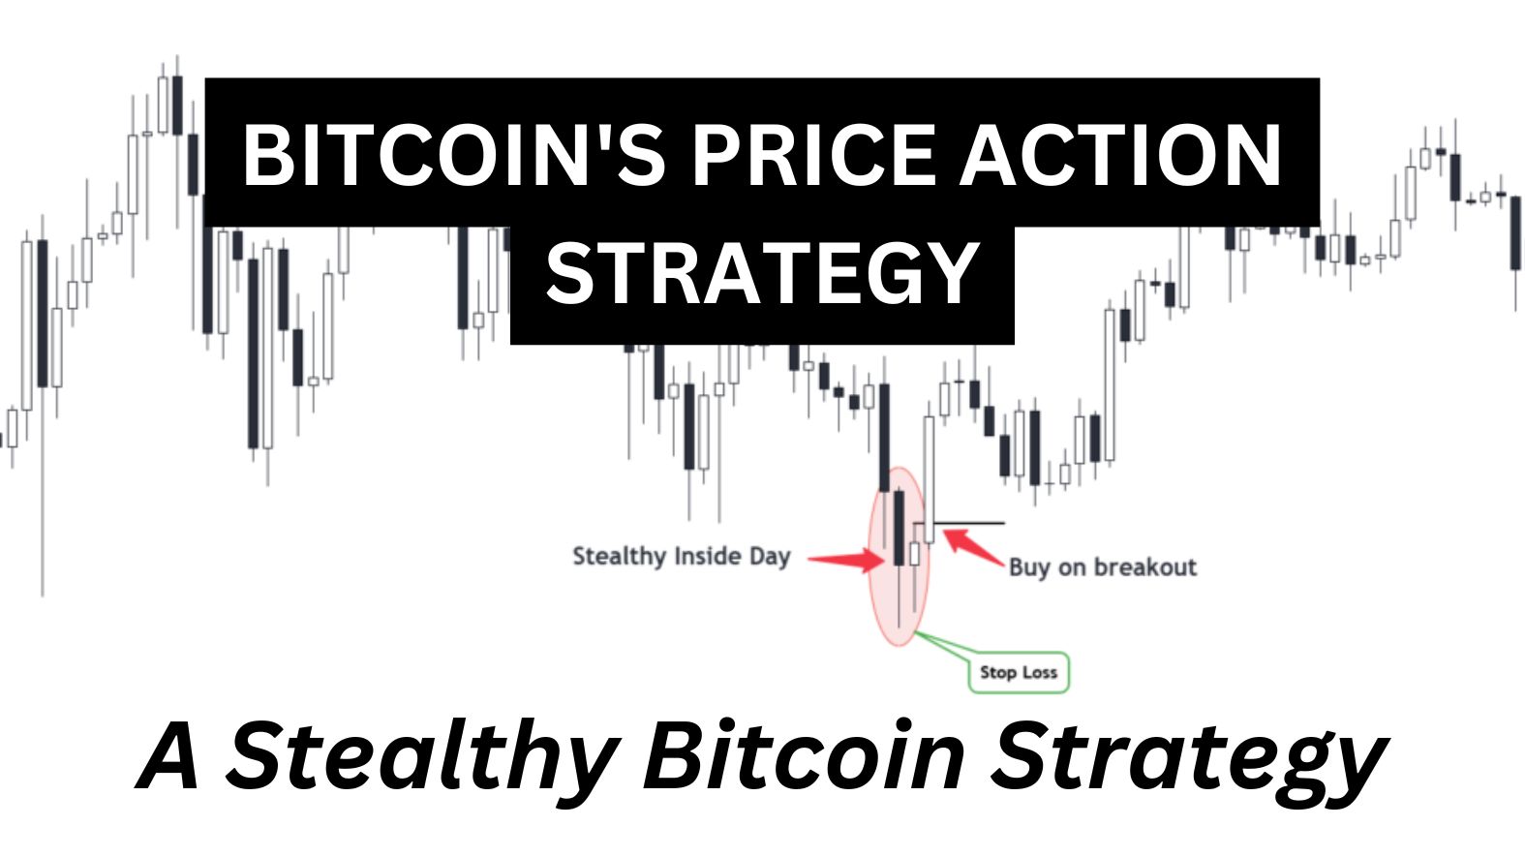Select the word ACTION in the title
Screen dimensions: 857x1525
[x=1121, y=155]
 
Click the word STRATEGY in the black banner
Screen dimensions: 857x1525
[x=762, y=274]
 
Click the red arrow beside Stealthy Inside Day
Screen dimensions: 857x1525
[x=844, y=559]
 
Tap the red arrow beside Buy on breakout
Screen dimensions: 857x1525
[x=972, y=546]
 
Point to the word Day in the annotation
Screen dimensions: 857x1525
[x=771, y=557]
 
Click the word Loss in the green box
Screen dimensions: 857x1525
[x=1039, y=673]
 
